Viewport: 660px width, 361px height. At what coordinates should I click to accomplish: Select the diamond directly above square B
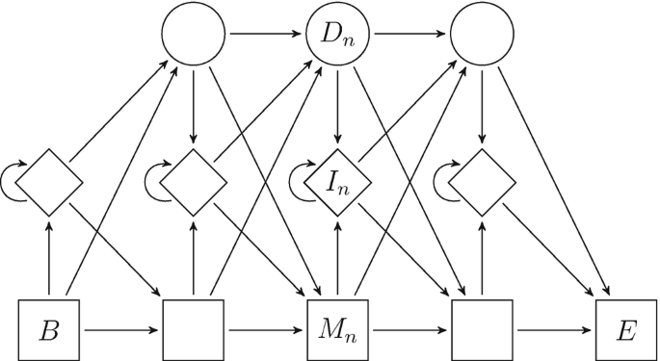click(48, 180)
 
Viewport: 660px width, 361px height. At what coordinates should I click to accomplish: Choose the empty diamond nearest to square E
click(481, 180)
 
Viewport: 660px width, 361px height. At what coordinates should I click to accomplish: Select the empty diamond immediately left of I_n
click(193, 180)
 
